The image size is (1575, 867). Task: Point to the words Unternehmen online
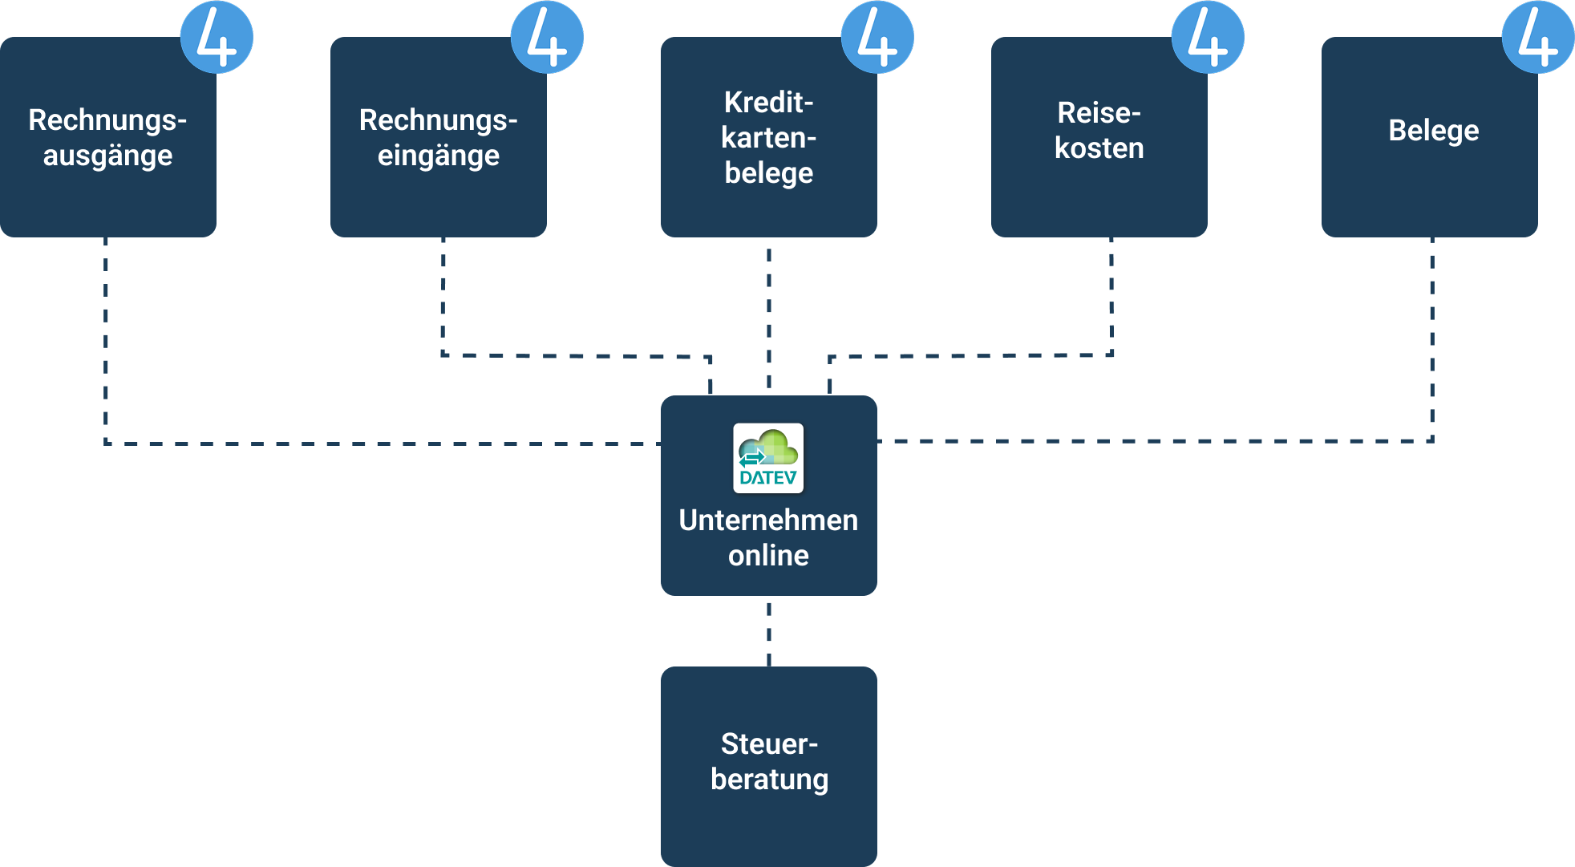click(x=768, y=537)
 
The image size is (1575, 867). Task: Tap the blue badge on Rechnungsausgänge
click(x=217, y=37)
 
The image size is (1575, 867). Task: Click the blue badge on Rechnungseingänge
click(x=547, y=37)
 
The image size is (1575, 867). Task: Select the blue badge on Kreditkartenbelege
click(x=877, y=37)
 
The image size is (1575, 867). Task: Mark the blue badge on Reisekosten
click(x=1208, y=37)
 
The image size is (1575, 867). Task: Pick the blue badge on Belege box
click(x=1537, y=37)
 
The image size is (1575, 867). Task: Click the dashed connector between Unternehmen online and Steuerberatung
click(x=768, y=631)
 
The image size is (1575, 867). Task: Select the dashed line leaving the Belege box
click(x=1431, y=337)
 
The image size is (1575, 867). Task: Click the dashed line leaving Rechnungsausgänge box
click(x=106, y=337)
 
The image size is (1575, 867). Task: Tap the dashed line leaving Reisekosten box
click(x=1111, y=297)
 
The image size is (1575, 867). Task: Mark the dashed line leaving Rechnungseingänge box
click(x=443, y=297)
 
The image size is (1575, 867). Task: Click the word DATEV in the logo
click(x=768, y=478)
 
